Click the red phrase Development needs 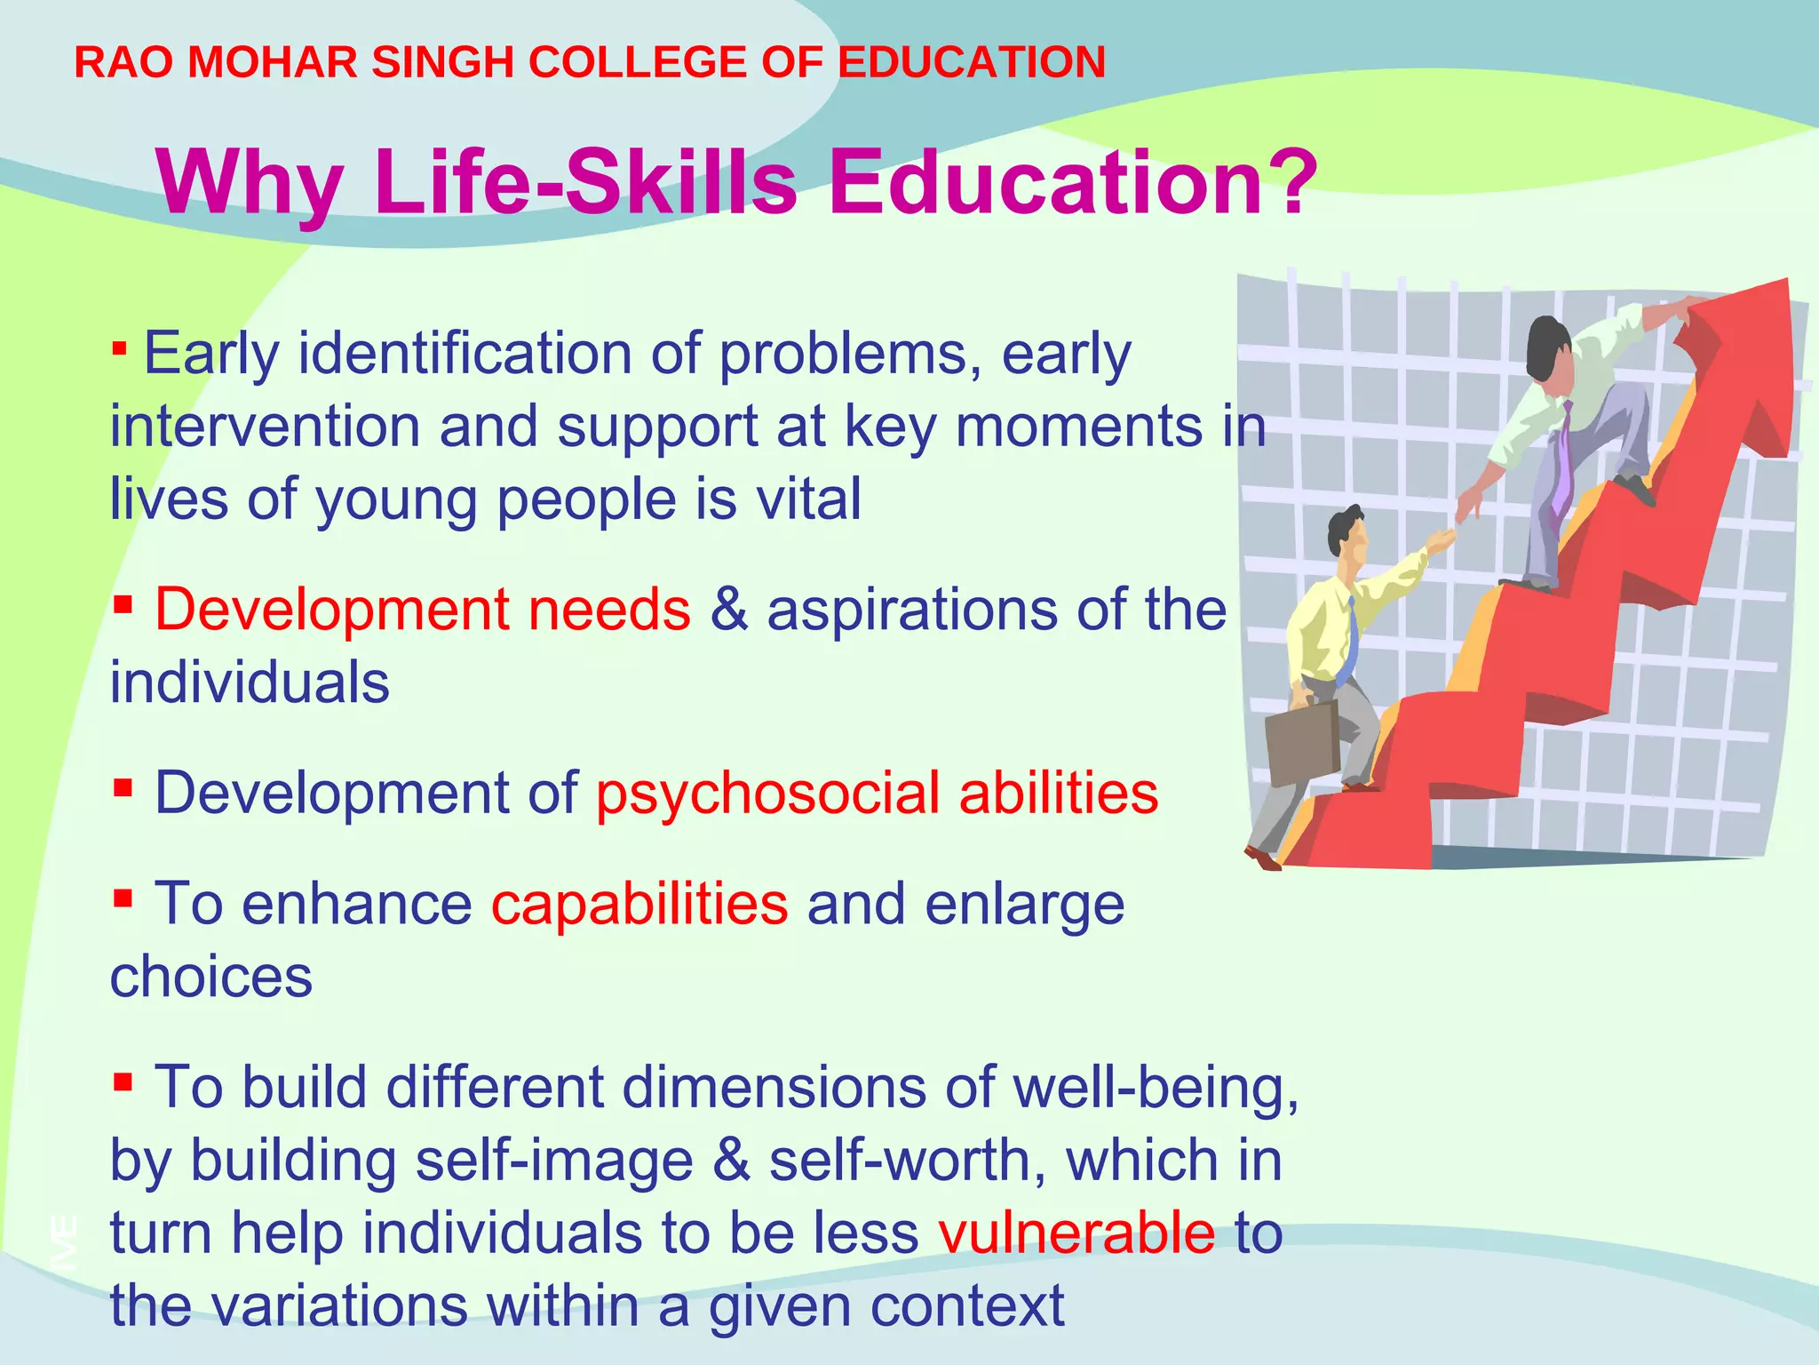point(423,610)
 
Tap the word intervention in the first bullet point(265,426)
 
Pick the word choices point(211,977)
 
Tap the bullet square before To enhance point(123,897)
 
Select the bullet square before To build point(123,1081)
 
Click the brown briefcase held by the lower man point(1301,742)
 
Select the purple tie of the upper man point(1562,462)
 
